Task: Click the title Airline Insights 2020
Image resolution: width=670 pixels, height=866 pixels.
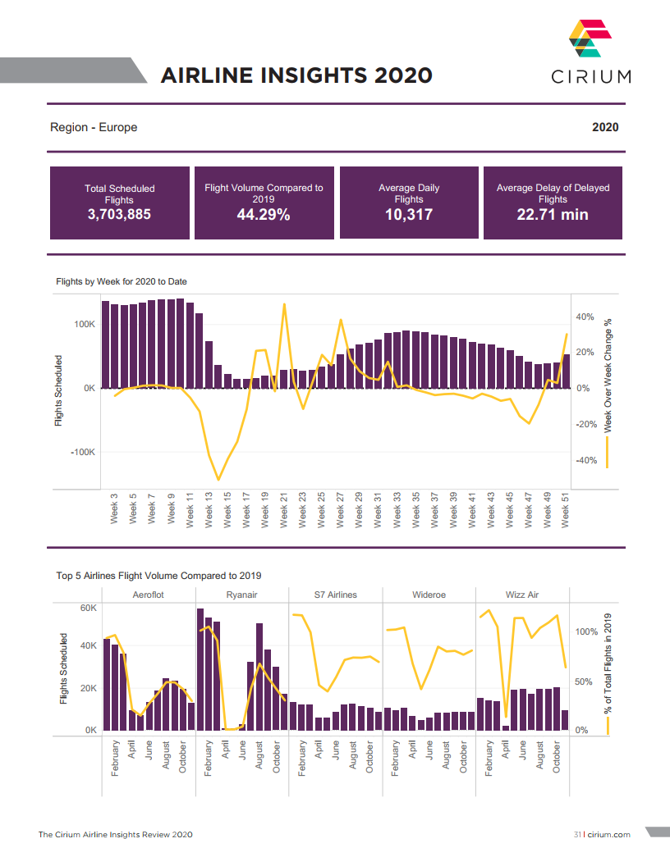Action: [x=296, y=75]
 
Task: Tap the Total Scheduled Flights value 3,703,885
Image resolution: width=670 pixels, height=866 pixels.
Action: [x=119, y=216]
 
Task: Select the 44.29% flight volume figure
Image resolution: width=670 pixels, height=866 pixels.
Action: [x=264, y=216]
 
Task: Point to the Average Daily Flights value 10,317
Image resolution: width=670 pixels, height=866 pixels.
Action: [x=408, y=216]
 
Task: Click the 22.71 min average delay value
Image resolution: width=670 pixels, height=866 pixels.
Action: [x=552, y=216]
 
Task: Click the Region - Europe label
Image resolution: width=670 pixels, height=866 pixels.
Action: [x=94, y=127]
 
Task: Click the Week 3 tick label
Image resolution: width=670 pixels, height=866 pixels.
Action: [x=114, y=511]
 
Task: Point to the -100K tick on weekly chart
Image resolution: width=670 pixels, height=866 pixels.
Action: [x=81, y=453]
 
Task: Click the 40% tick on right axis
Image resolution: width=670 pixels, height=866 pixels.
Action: [x=585, y=317]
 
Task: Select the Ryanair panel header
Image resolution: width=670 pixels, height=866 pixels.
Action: [x=241, y=595]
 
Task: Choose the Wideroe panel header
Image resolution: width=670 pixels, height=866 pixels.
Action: [x=429, y=595]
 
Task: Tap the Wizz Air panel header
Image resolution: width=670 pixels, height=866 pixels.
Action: [x=522, y=595]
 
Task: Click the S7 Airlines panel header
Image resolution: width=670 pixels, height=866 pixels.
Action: [x=335, y=595]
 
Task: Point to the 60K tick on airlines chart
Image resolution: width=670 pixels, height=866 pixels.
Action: [x=88, y=608]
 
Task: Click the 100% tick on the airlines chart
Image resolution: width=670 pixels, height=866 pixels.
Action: [x=586, y=631]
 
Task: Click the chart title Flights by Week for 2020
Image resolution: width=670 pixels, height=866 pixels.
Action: [x=122, y=281]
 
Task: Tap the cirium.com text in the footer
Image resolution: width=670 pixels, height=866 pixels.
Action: [x=608, y=834]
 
